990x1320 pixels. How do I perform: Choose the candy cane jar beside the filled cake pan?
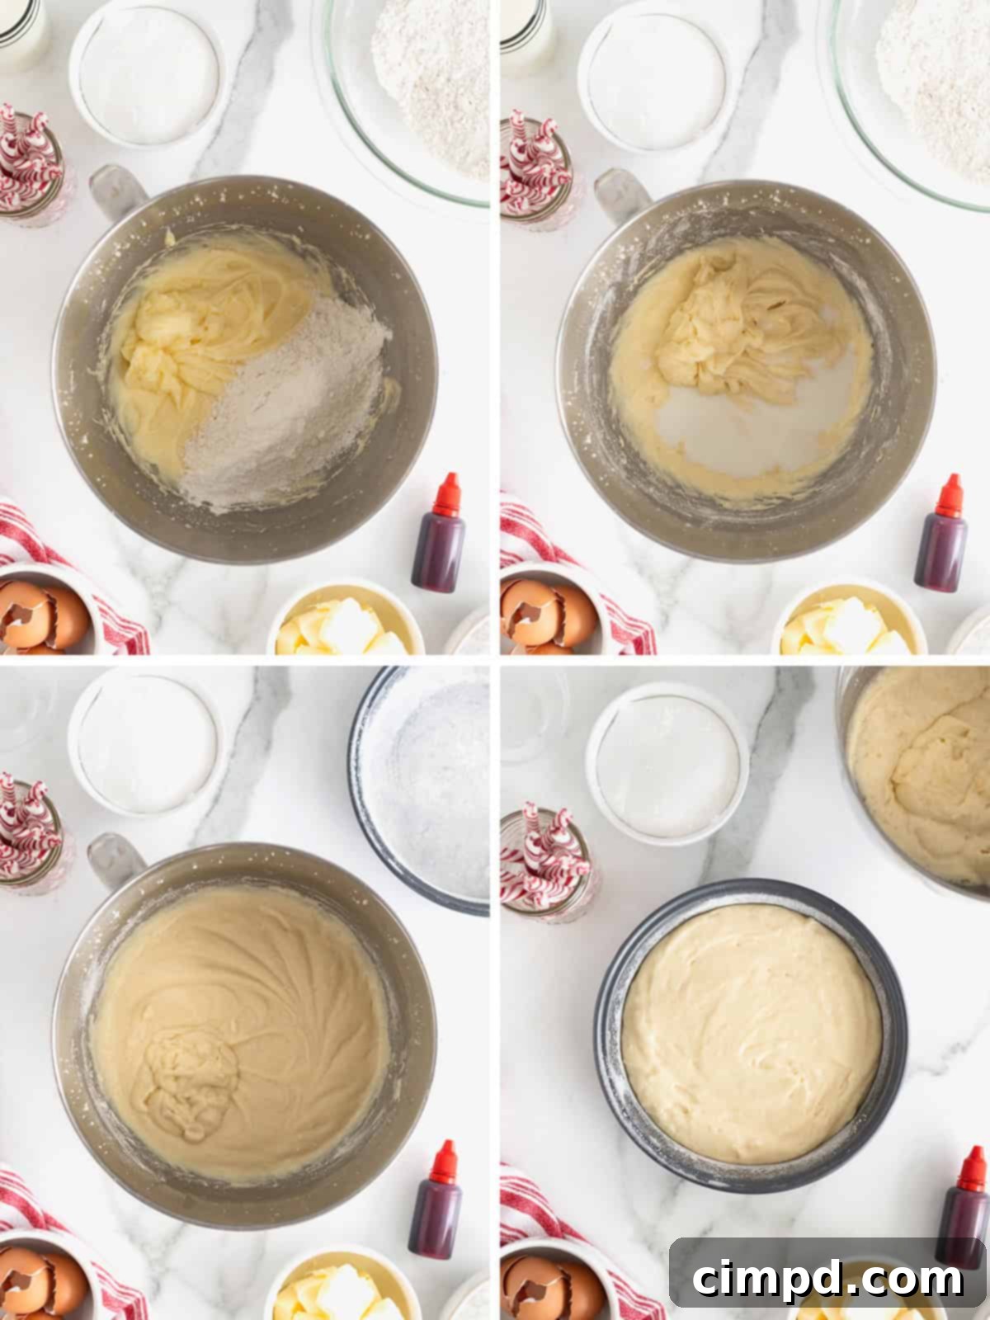coord(544,858)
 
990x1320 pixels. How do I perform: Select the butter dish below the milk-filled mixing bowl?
coord(850,623)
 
